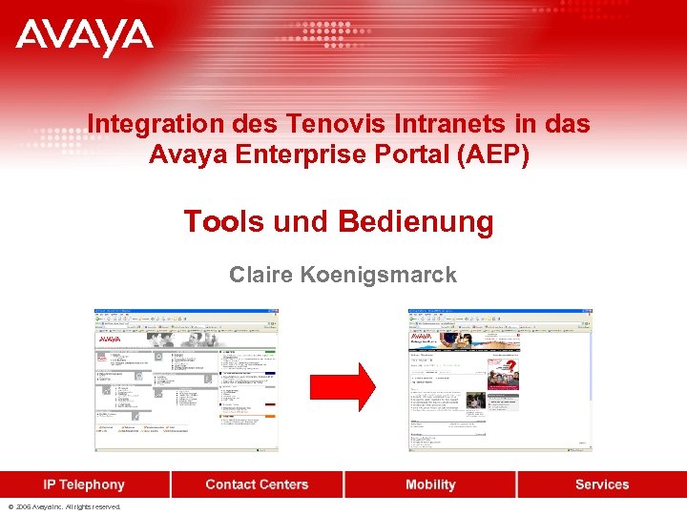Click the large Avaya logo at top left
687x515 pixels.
[84, 39]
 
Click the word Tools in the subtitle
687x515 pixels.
[223, 222]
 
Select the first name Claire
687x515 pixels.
[261, 276]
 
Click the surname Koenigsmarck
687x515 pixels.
[379, 276]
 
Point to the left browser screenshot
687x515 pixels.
[186, 380]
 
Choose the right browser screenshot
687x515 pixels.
[500, 380]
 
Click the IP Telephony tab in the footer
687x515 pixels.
[84, 484]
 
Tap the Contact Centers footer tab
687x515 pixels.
[257, 484]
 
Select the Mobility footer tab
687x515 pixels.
[430, 484]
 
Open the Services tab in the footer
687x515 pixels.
[602, 484]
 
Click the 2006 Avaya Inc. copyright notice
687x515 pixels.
[65, 507]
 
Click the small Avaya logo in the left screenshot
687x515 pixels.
[110, 338]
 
